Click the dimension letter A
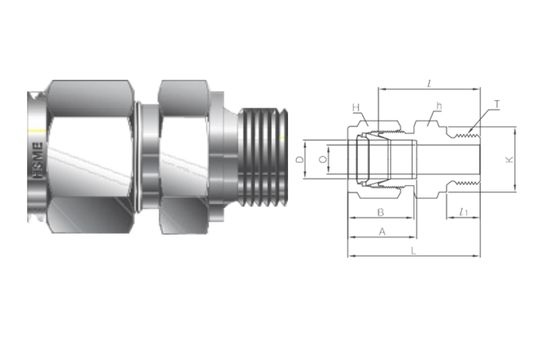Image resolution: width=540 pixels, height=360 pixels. (x=380, y=231)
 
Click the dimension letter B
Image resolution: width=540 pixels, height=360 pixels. (x=380, y=212)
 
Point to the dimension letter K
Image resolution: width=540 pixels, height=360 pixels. (x=508, y=159)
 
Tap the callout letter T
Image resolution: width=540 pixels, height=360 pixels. (x=497, y=104)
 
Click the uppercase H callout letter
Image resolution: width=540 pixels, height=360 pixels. (x=354, y=108)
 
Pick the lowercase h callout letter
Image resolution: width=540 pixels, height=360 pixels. (x=438, y=106)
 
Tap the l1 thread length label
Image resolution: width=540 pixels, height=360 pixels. (x=466, y=211)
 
